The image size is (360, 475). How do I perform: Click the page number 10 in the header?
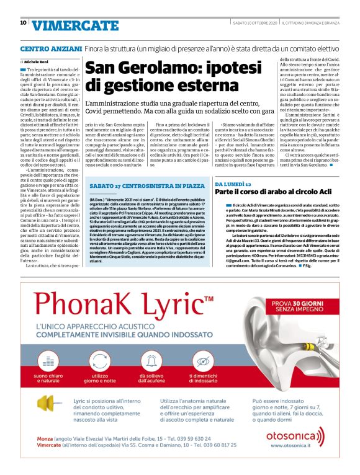(x=23, y=23)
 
